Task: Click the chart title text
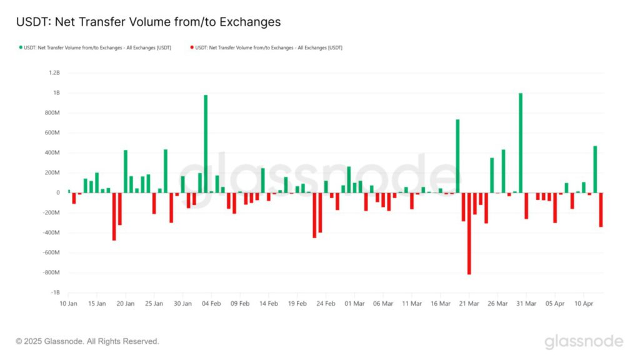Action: pyautogui.click(x=148, y=22)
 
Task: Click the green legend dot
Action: pyautogui.click(x=21, y=47)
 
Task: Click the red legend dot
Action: pyautogui.click(x=191, y=47)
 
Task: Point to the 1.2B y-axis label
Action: pyautogui.click(x=54, y=73)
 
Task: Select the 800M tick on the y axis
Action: pyautogui.click(x=52, y=113)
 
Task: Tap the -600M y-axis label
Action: pyautogui.click(x=51, y=253)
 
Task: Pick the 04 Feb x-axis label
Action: pyautogui.click(x=211, y=304)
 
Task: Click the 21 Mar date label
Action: pyautogui.click(x=469, y=304)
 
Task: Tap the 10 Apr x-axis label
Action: pyautogui.click(x=583, y=304)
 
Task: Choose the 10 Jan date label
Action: pyautogui.click(x=68, y=304)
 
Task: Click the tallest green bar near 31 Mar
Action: pyautogui.click(x=521, y=142)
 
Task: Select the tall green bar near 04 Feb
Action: pyautogui.click(x=206, y=144)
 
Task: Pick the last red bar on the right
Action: pyautogui.click(x=601, y=209)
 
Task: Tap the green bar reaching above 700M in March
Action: pyautogui.click(x=457, y=156)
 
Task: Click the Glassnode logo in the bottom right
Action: pyautogui.click(x=583, y=342)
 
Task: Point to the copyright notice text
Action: pyautogui.click(x=87, y=342)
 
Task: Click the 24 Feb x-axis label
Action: pyautogui.click(x=326, y=304)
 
